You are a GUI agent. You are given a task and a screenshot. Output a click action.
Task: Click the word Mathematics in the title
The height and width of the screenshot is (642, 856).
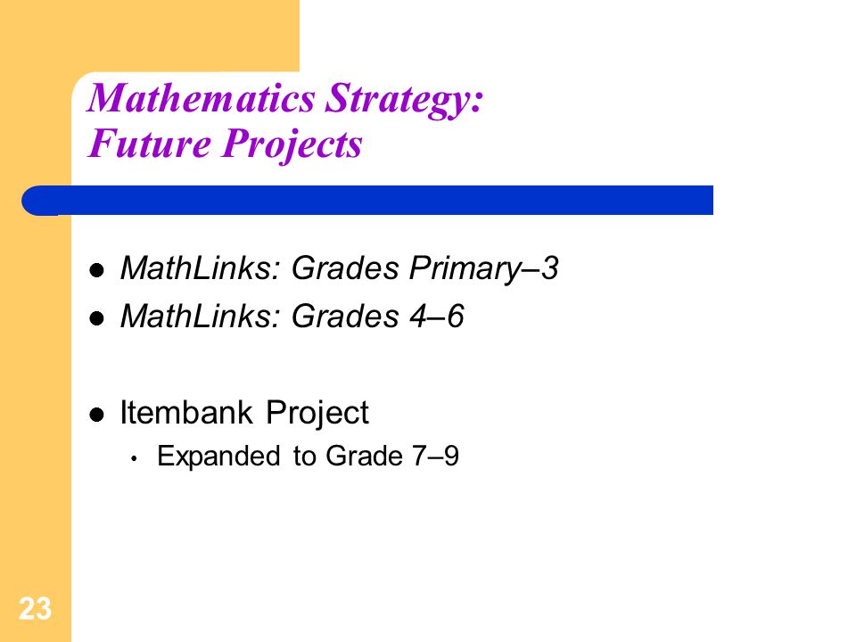coord(202,98)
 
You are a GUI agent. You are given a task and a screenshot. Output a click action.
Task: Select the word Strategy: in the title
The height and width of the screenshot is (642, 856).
coord(404,101)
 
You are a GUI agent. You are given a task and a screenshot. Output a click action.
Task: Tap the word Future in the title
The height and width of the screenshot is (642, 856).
coord(150,144)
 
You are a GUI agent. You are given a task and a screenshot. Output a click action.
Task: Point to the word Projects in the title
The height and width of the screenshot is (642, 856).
coord(292,146)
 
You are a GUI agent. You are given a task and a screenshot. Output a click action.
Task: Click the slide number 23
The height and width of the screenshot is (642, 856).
coord(35,608)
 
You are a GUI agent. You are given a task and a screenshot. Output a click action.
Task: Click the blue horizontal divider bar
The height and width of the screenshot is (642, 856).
coord(367,201)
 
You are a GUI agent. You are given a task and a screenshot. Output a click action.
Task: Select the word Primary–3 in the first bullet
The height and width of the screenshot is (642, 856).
coord(483,268)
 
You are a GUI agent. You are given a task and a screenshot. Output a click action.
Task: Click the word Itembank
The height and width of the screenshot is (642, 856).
coord(186,412)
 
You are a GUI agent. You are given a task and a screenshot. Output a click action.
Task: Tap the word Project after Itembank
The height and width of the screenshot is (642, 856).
coord(317,413)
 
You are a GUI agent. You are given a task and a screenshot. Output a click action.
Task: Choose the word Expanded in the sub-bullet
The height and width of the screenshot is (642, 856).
coord(218,457)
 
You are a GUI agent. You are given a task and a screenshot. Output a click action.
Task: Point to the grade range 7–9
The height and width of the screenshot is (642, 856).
coord(436,456)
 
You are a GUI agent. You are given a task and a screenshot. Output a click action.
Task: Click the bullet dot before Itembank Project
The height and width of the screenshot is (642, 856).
coord(96,415)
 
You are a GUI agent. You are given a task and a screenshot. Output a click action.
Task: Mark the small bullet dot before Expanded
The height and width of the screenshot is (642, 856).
coord(134,459)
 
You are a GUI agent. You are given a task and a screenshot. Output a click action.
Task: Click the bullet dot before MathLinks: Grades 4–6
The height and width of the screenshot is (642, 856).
coord(96,318)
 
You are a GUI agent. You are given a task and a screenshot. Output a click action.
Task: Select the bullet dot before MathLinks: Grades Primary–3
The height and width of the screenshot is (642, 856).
coord(96,270)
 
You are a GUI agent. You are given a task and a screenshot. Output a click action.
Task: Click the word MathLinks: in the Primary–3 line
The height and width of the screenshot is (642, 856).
coord(201,268)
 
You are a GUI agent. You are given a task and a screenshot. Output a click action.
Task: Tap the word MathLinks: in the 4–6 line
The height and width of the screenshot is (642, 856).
coord(201,316)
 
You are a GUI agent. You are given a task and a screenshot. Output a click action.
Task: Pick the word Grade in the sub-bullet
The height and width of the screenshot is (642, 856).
coord(364,456)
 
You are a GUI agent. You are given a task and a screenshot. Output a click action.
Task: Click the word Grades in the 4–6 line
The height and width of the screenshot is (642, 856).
coord(345,316)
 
